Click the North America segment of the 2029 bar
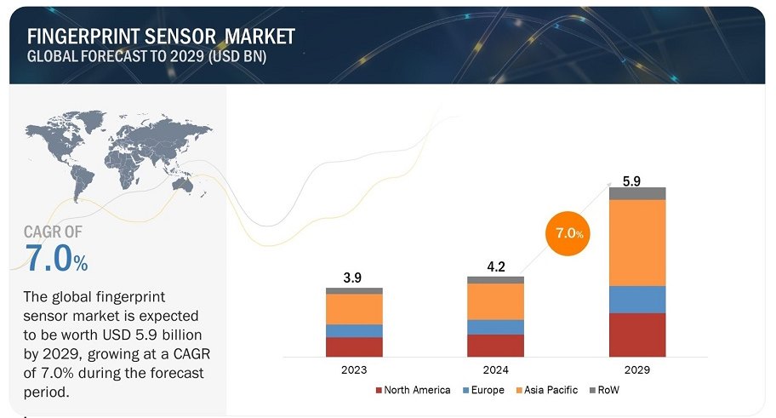click(637, 335)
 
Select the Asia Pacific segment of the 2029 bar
click(637, 243)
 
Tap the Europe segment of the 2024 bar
click(495, 327)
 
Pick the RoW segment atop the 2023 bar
click(354, 290)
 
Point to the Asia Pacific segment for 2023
click(354, 308)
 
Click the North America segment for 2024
click(495, 346)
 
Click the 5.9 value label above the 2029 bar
click(631, 180)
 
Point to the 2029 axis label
click(637, 370)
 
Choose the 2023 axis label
click(354, 370)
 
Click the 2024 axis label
click(495, 370)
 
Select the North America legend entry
click(413, 390)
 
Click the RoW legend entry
click(603, 390)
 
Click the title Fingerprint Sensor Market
click(161, 36)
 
